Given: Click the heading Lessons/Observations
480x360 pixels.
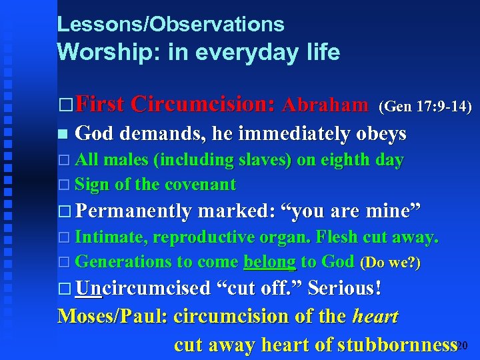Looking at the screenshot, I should click(171, 25).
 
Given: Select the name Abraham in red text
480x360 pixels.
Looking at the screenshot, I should click(325, 105).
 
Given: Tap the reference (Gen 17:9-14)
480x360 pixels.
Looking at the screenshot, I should click(425, 106).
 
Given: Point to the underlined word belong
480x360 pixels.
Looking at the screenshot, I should click(269, 261).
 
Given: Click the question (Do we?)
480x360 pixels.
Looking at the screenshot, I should click(390, 263).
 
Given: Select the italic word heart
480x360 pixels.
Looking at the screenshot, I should click(375, 316).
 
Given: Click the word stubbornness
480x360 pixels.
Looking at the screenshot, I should click(397, 345).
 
